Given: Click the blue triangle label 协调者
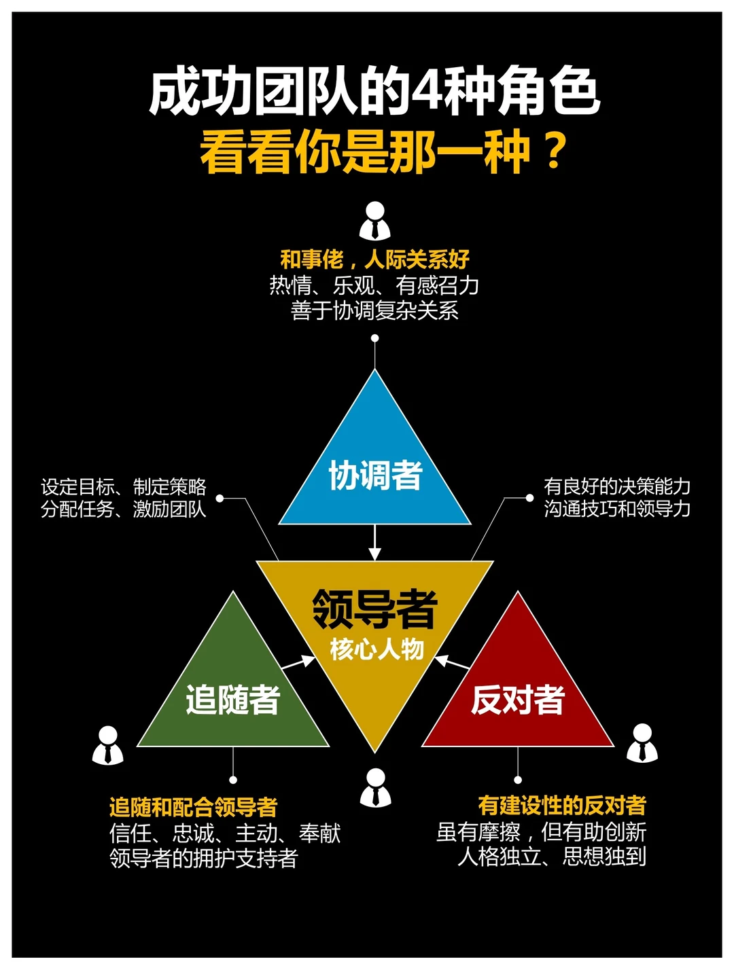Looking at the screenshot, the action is coord(375,475).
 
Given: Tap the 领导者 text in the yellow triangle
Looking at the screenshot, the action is coord(374,608).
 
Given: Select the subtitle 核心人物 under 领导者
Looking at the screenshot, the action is coord(377,649).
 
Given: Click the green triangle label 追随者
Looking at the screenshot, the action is coord(233,700).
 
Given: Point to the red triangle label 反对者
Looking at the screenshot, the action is coord(518,700).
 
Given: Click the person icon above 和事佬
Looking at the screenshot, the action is coord(375,221).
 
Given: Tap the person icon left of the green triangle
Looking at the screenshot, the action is coord(108,745).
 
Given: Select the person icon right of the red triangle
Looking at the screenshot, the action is coord(642,743).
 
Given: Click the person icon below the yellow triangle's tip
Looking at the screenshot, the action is coord(375,788).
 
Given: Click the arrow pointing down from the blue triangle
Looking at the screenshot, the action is coord(374,543).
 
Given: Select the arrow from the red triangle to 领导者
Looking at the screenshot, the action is coord(452,662).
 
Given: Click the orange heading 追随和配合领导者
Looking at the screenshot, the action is coord(194,807).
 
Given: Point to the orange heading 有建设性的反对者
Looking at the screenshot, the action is coord(562,806).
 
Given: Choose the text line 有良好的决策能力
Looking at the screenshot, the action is coord(617,486).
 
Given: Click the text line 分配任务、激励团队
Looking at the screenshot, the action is coord(124,509).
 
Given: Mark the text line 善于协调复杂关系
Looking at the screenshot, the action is coord(374,311).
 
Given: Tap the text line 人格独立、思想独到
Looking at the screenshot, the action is coord(552,857).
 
